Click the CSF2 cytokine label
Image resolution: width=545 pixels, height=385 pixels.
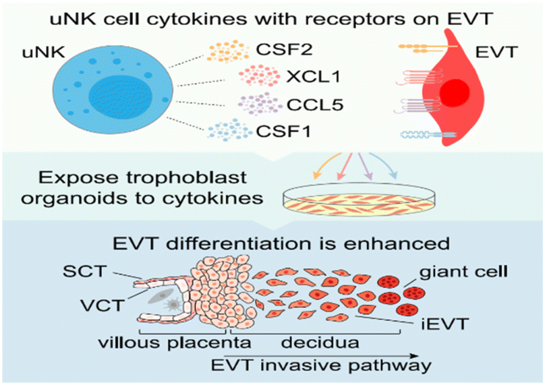285,49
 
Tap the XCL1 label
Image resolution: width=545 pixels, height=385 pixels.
313,77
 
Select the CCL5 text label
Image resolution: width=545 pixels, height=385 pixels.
315,105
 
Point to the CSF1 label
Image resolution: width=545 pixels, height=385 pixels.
283,131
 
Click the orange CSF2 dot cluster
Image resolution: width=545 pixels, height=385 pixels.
229,51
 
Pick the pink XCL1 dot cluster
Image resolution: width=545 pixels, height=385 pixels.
259,76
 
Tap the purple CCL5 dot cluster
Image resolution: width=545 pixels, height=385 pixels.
260,105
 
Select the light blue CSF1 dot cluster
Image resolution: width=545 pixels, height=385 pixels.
229,130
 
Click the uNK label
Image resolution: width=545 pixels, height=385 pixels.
43,52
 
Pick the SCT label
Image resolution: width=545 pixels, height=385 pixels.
84,271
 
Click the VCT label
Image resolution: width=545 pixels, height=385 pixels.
103,305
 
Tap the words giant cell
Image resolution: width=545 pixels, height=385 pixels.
463,271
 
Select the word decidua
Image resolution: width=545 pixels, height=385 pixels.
320,343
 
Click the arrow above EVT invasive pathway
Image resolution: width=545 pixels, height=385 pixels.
321,356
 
